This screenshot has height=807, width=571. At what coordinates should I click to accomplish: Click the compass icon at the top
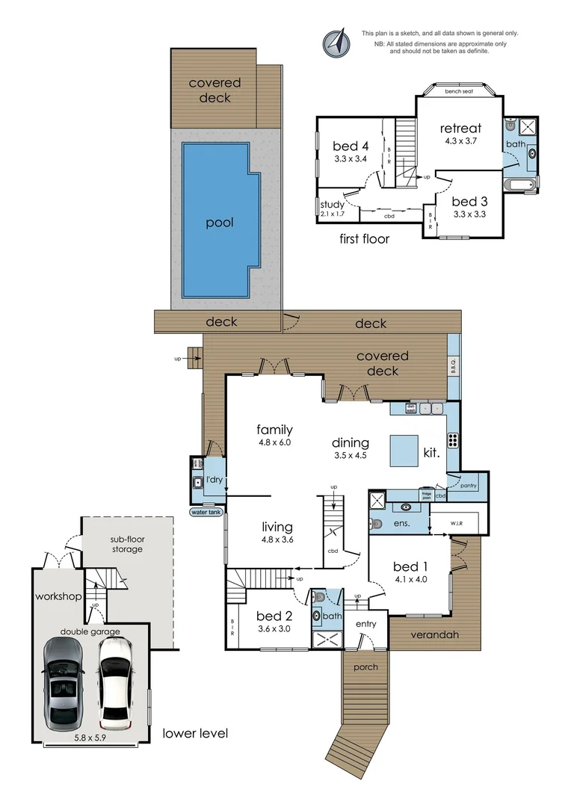pos(336,43)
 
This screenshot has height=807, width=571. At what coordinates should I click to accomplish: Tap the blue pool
pos(220,221)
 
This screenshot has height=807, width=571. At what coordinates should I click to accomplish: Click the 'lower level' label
pos(195,733)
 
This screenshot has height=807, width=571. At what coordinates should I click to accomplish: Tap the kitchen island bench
pos(404,451)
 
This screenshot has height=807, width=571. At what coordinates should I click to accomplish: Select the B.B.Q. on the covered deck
pos(453,366)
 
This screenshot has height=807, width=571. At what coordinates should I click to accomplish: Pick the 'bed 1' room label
pos(410,566)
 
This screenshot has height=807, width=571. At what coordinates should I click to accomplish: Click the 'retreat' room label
pos(460,128)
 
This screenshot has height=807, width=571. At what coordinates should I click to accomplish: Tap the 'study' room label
pos(331,204)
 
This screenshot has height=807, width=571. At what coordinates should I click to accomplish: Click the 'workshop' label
pos(57,596)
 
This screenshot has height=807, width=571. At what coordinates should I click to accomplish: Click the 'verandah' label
pos(433,635)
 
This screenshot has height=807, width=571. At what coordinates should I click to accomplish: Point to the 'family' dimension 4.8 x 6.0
pos(274,442)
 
